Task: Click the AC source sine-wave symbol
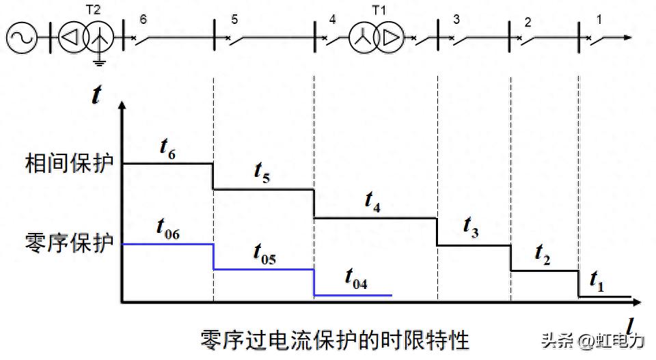[x=22, y=38]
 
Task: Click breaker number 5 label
[x=234, y=19]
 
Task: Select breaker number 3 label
[x=456, y=19]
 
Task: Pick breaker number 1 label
[x=599, y=19]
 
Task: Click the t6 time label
[x=167, y=150]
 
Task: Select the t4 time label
[x=372, y=202]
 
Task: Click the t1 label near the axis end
[x=597, y=280]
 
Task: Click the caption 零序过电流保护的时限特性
[x=335, y=339]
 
